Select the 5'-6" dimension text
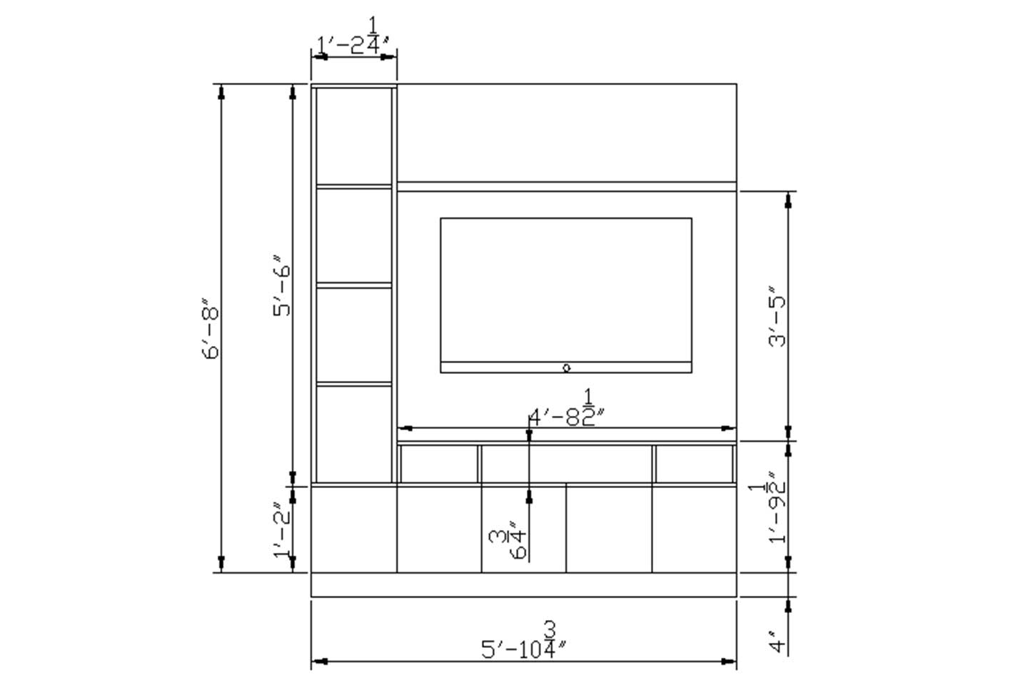pyautogui.click(x=283, y=285)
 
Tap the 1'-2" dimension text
pyautogui.click(x=283, y=529)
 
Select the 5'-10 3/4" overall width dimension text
pyautogui.click(x=525, y=643)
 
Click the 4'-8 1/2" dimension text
pyautogui.click(x=569, y=411)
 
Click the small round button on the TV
pyautogui.click(x=566, y=368)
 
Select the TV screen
pyautogui.click(x=565, y=290)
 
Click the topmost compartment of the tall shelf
pyautogui.click(x=354, y=136)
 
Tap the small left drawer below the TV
pyautogui.click(x=438, y=464)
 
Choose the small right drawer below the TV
pyautogui.click(x=694, y=464)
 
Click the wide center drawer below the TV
pyautogui.click(x=566, y=464)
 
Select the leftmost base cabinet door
pyautogui.click(x=353, y=529)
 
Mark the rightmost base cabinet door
pyautogui.click(x=694, y=529)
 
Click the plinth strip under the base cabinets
pyautogui.click(x=523, y=584)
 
